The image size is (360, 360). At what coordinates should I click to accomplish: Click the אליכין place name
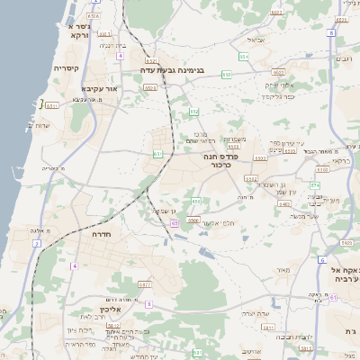tap(121, 308)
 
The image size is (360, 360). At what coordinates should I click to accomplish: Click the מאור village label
tap(284, 270)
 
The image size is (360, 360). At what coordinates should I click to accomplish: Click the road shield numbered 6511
tap(51, 106)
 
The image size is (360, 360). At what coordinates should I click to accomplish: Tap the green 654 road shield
tap(244, 57)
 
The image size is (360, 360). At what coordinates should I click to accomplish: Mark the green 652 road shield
tap(194, 112)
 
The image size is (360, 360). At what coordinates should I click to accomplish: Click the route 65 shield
tap(174, 222)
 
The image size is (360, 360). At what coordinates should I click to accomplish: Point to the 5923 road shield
tap(149, 88)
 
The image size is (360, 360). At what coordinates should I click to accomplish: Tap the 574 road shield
tap(314, 184)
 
